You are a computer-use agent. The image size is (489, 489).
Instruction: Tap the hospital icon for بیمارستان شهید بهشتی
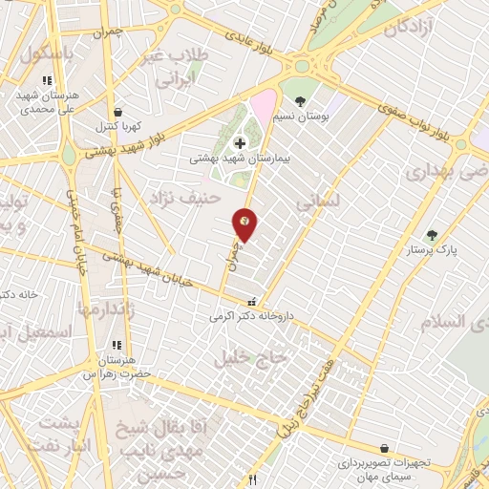coord(240,142)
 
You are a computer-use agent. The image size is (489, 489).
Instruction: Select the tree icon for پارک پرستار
coord(432,234)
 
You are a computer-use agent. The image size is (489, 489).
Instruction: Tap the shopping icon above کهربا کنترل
coord(117,112)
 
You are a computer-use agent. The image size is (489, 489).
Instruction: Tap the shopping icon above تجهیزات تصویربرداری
coord(384,448)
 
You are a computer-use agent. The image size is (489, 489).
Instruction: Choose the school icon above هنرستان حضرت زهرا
coord(117,345)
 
